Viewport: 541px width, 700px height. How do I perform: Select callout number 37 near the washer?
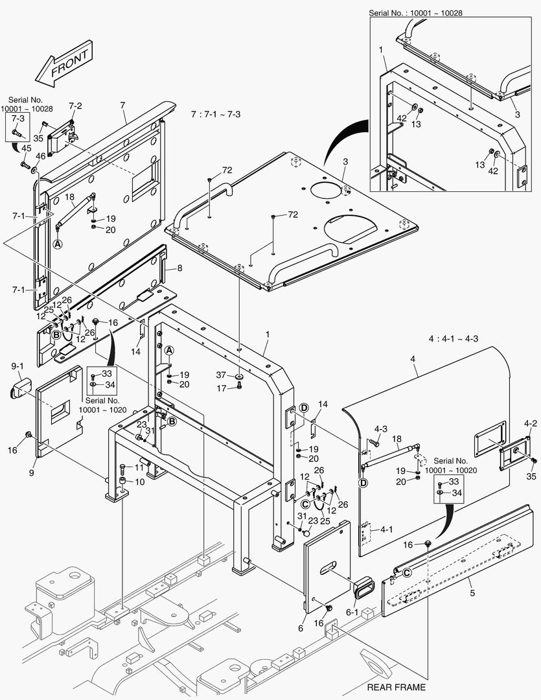221,375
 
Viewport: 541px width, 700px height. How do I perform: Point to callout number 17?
221,388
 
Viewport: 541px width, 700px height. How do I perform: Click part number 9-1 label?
18,366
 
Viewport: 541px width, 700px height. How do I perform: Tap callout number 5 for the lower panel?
470,592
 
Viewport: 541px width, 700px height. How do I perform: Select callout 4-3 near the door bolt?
381,428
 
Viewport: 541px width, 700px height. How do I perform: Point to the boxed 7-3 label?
18,119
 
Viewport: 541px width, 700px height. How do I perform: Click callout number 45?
26,148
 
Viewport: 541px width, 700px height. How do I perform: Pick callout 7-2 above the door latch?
75,106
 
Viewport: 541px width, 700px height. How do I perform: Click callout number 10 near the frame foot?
140,482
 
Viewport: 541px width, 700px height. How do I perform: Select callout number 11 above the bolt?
139,467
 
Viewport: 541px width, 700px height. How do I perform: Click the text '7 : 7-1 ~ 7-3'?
216,114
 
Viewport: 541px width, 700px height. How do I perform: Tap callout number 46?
40,156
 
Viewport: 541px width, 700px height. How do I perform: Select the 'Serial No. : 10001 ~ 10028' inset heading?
415,12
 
